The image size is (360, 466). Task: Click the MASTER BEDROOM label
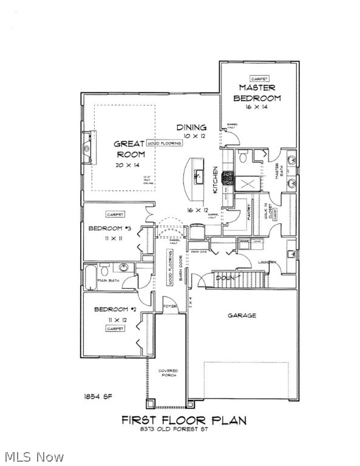257,93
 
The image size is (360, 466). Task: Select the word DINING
191,127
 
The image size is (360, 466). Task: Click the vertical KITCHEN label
215,180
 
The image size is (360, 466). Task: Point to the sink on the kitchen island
198,176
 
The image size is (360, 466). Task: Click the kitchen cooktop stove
228,178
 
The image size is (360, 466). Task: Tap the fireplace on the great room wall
89,147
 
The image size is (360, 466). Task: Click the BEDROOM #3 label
110,228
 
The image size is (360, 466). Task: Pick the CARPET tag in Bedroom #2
115,328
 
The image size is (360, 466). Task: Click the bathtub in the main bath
90,277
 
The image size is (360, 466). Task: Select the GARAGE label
242,316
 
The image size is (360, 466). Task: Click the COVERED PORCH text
168,373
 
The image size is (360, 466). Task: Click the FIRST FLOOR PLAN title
184,420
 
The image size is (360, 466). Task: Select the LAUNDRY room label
284,262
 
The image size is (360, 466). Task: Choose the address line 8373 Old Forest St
184,430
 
